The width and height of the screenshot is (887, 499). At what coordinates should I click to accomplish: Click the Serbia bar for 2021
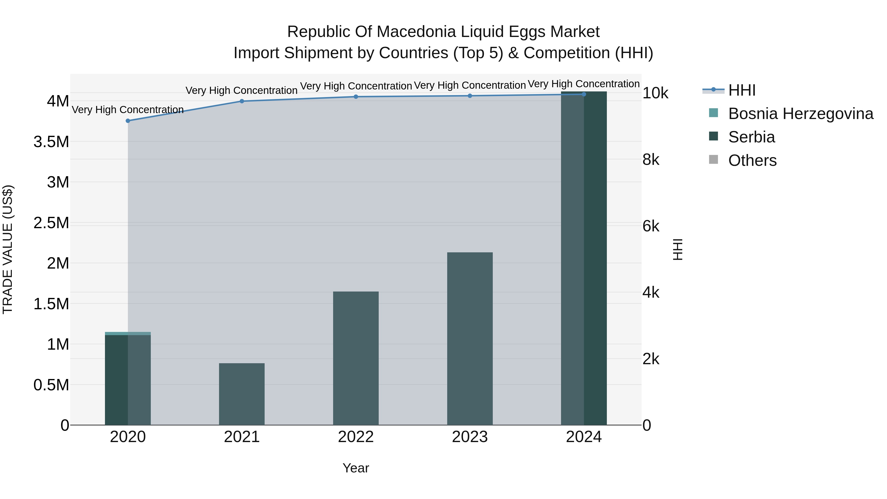(242, 394)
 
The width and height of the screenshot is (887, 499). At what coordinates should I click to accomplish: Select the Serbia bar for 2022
(356, 358)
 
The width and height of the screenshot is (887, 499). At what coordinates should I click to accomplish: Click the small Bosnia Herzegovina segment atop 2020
(128, 333)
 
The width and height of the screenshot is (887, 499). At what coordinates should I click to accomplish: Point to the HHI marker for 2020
(128, 121)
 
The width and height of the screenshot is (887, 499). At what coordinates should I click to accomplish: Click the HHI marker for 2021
(242, 101)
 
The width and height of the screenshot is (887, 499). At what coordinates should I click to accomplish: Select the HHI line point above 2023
(470, 96)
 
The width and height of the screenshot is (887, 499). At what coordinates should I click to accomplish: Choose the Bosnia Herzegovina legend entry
(800, 114)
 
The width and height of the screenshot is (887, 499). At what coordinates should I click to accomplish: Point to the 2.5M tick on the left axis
(51, 223)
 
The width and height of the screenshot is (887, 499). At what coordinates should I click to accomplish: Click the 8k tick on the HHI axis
(651, 160)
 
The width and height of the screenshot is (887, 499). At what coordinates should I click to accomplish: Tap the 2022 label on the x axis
(356, 437)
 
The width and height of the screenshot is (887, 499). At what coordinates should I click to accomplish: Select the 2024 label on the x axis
(584, 437)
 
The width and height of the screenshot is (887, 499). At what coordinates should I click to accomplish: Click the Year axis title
(356, 468)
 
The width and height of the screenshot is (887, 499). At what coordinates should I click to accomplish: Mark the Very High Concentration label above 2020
(127, 110)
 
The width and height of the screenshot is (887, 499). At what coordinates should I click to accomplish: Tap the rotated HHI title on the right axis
(677, 249)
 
